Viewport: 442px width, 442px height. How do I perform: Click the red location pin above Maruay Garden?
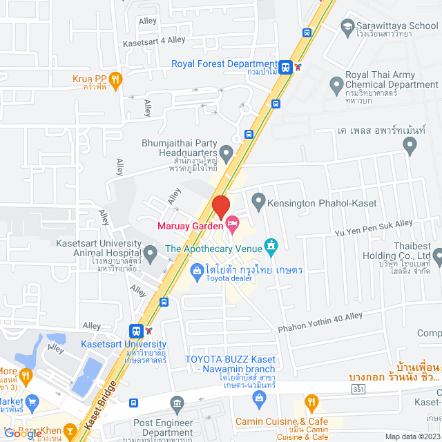(x=220, y=206)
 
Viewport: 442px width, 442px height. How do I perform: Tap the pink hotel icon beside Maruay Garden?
(x=233, y=222)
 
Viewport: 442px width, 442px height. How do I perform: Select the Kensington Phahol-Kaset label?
(x=307, y=202)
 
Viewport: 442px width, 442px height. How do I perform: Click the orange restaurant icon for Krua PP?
(x=115, y=79)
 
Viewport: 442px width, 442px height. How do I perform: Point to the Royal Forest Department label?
(x=224, y=64)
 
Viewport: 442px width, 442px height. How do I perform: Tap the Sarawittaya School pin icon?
(x=348, y=27)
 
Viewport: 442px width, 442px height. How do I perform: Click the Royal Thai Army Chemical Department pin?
(x=336, y=86)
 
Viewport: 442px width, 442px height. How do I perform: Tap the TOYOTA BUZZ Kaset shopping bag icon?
(x=258, y=397)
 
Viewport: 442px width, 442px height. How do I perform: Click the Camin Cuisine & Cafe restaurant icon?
(x=311, y=402)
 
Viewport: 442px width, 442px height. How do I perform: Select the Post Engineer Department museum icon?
(x=177, y=403)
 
